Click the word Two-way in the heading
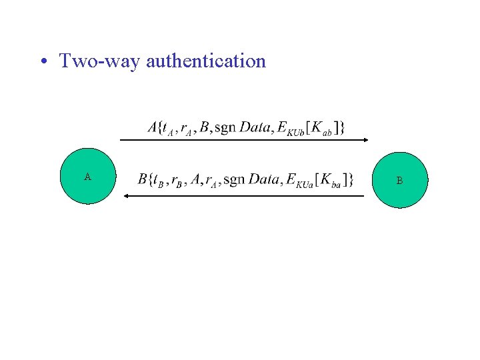(100, 61)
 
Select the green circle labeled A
(88, 177)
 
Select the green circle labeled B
(399, 180)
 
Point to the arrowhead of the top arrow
(365, 140)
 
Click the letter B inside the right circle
(399, 181)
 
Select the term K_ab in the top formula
(320, 128)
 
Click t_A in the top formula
(169, 128)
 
